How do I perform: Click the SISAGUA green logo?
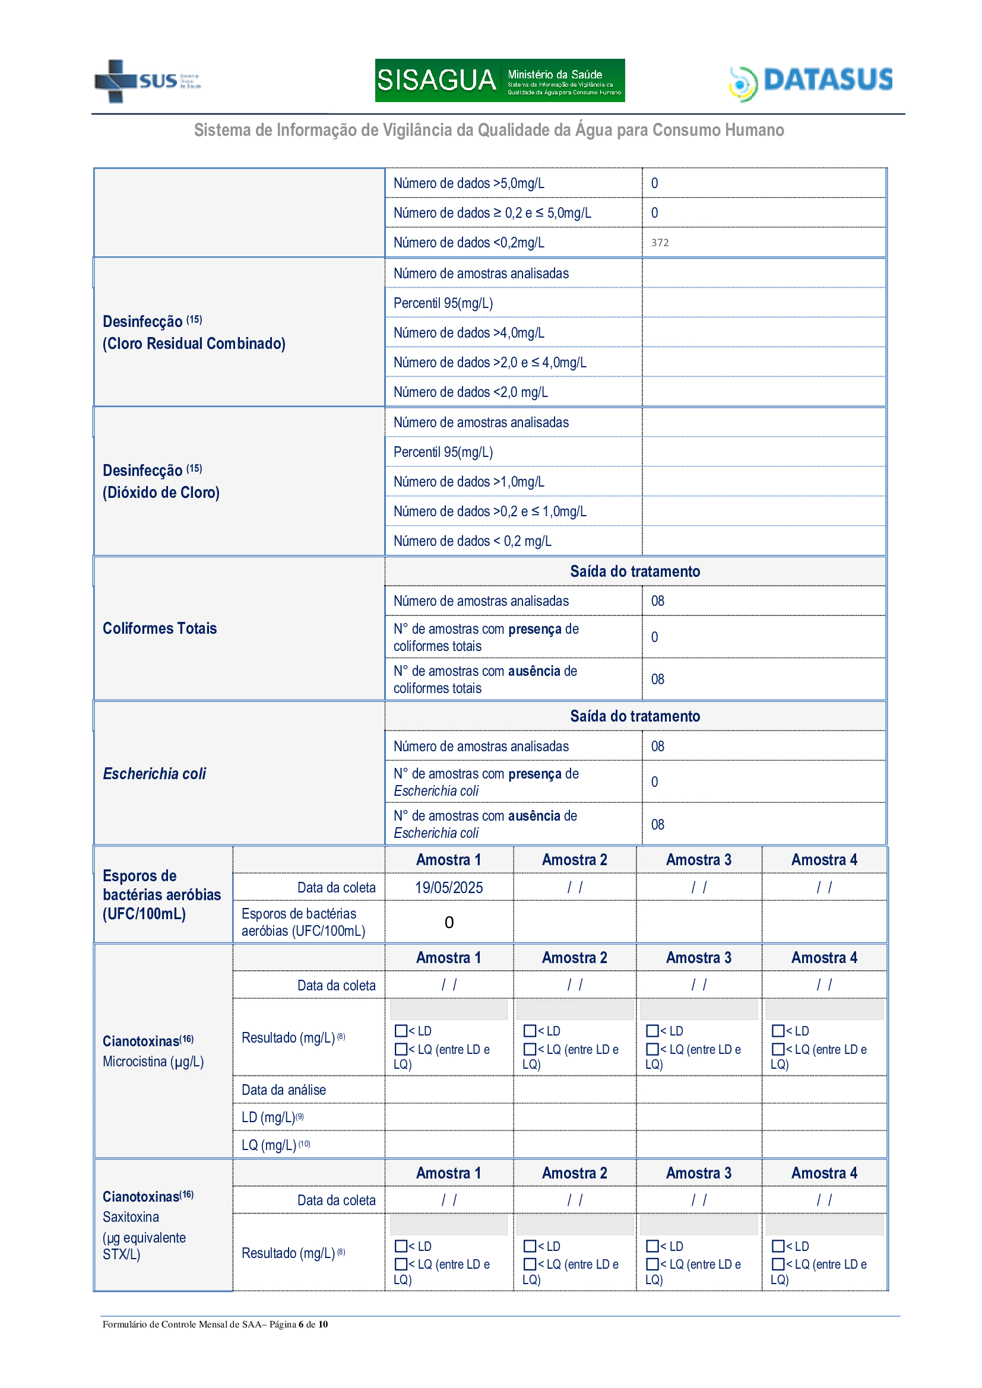point(499,80)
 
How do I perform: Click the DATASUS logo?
point(810,81)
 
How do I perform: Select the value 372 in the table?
point(659,243)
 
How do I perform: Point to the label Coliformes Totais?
point(160,628)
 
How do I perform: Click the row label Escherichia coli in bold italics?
point(154,773)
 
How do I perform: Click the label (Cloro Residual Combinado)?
point(194,344)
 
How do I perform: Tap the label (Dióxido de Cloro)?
point(161,492)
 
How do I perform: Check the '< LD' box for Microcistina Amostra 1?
point(400,1031)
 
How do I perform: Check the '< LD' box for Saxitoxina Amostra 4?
point(778,1246)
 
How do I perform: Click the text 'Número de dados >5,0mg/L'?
point(468,183)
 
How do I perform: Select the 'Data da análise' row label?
point(284,1090)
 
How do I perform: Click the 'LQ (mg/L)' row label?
point(269,1145)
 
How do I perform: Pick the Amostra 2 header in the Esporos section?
point(574,860)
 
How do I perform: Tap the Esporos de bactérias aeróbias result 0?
point(449,922)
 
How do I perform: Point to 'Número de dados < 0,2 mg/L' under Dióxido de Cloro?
point(472,541)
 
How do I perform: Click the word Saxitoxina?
point(131,1217)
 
